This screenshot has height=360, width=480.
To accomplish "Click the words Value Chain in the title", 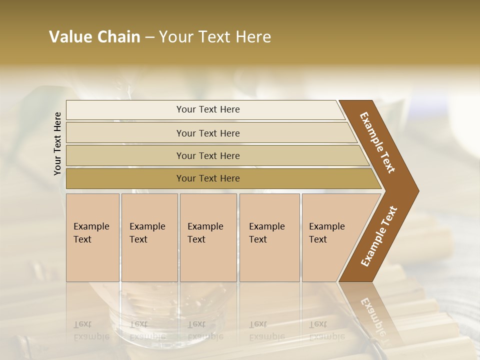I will coord(94,37).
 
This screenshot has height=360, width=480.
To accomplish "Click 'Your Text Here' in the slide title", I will coord(215,37).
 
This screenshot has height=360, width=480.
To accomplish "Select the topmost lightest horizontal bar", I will coord(208,109).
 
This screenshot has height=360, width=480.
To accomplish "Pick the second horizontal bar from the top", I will coord(208,133).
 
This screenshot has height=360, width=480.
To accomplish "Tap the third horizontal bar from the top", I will coord(208,155).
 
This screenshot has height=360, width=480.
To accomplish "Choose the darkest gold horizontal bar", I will coord(208,178).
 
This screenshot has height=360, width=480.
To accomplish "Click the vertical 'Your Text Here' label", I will coord(57,143).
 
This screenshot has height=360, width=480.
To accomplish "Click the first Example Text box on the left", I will coord(92,237).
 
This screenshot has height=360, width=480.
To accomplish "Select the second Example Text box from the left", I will coord(149,237).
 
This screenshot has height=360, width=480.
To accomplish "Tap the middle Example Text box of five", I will coord(208,237).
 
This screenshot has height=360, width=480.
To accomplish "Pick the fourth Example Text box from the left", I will coord(269,237).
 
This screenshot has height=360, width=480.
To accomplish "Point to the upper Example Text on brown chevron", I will coord(378,142).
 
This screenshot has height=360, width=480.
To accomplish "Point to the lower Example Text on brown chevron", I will coord(378,236).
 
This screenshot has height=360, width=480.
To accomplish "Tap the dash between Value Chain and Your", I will coord(149,38).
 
